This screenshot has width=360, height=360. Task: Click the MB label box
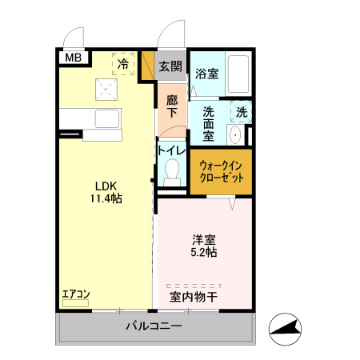click(73, 58)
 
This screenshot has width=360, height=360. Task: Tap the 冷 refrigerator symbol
click(123, 62)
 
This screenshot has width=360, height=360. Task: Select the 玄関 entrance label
click(170, 66)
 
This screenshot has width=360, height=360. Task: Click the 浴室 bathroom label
click(207, 74)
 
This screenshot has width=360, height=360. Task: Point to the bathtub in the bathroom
click(238, 74)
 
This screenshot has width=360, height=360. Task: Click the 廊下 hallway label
click(172, 107)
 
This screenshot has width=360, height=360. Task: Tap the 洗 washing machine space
click(242, 112)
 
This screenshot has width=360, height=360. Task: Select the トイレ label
click(172, 150)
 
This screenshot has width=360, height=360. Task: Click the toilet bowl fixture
click(172, 169)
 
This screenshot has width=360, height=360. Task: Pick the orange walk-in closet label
click(220, 171)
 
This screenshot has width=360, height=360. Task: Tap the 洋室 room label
click(203, 239)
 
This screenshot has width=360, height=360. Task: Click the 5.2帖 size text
click(203, 252)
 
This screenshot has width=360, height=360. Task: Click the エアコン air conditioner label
click(76, 294)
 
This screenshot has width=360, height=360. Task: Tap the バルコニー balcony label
click(154, 327)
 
